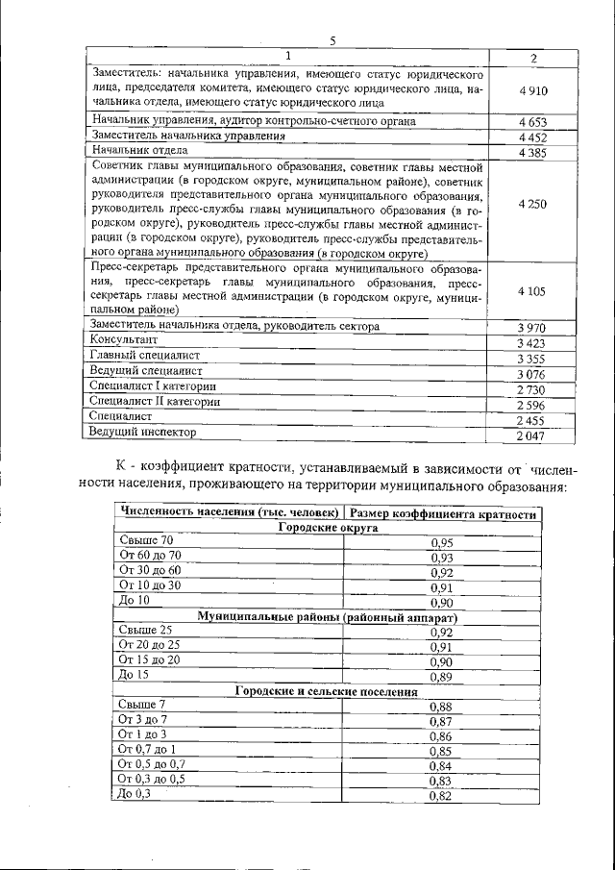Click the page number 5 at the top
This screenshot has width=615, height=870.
click(x=332, y=40)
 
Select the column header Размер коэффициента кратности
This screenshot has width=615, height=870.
click(x=442, y=514)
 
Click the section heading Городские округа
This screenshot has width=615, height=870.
click(x=328, y=528)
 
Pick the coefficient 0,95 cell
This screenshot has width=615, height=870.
click(x=441, y=543)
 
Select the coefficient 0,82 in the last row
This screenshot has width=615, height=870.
click(x=441, y=796)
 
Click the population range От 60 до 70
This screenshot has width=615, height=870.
click(x=149, y=556)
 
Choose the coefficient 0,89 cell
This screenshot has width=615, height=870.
click(x=441, y=677)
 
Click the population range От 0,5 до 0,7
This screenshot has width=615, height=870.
click(x=151, y=764)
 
